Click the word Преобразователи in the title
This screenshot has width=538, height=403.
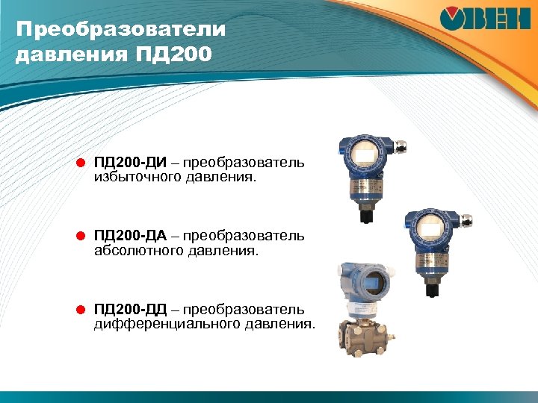(120, 31)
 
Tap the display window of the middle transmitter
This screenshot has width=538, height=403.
(432, 227)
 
